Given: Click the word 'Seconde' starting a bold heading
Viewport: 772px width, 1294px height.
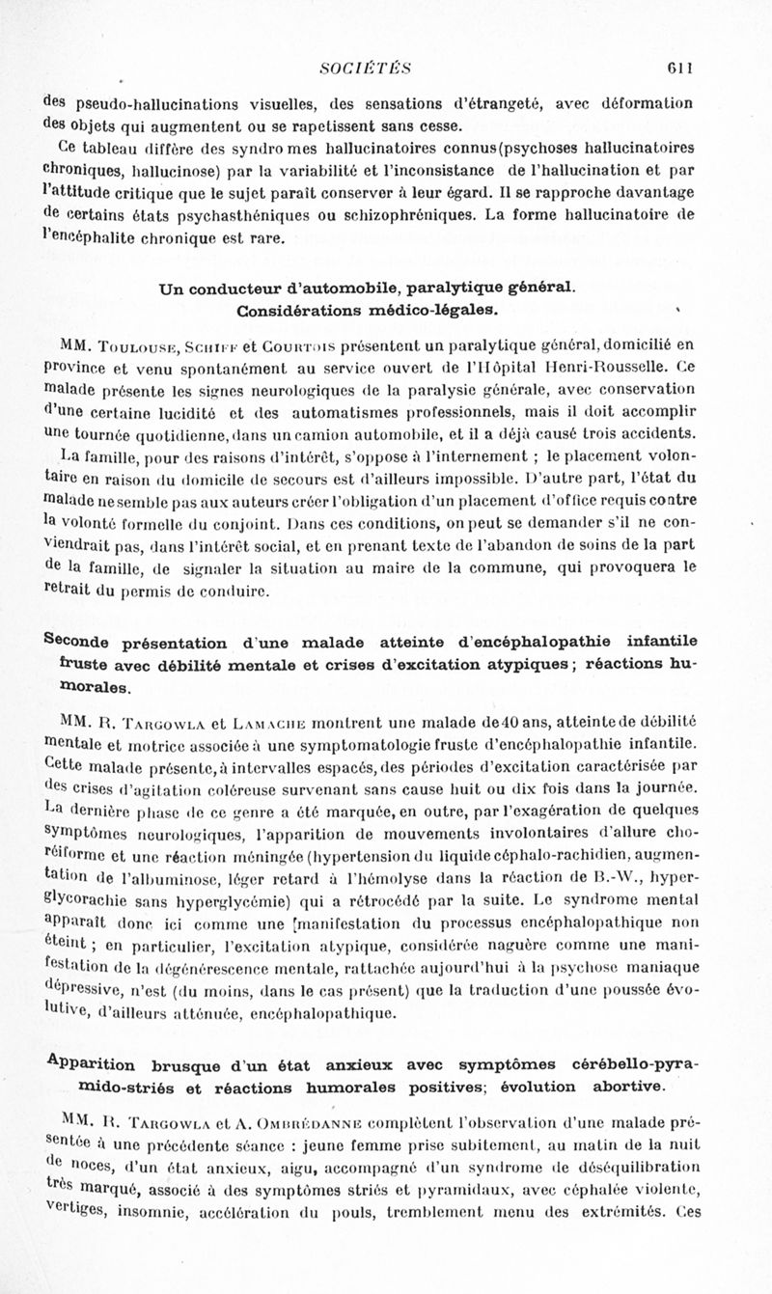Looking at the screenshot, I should point(80,644).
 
